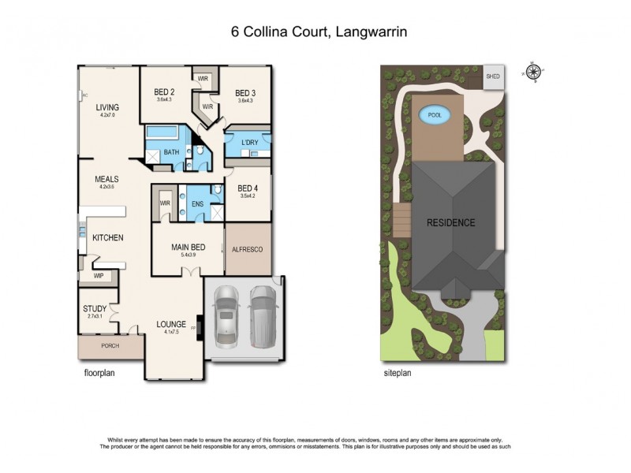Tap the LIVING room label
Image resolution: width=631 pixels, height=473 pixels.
(x=107, y=108)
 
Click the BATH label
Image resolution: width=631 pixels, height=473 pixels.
(x=171, y=152)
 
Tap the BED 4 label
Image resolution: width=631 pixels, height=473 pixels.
(x=237, y=188)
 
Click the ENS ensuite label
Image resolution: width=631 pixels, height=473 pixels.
(x=198, y=203)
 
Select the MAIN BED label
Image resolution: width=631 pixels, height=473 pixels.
(x=188, y=248)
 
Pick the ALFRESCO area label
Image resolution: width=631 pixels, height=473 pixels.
(x=246, y=249)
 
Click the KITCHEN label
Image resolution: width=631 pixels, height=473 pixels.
(x=107, y=237)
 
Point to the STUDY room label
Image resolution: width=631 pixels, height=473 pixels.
(x=94, y=308)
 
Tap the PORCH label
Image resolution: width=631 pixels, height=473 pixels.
(x=110, y=345)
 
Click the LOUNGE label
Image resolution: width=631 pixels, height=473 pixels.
(x=171, y=324)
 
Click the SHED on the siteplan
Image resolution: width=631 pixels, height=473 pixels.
(x=493, y=76)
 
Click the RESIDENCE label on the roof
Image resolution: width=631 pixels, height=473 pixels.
(x=451, y=222)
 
